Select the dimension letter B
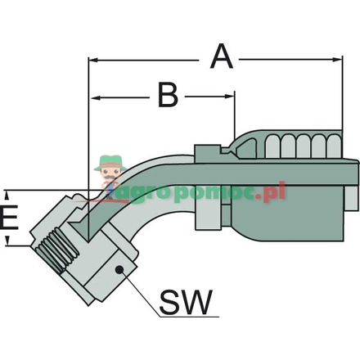click(x=168, y=96)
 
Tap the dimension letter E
click(x=9, y=218)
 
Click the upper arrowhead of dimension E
click(x=7, y=196)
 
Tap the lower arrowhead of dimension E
click(x=7, y=242)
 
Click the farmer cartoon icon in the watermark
click(x=108, y=173)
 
